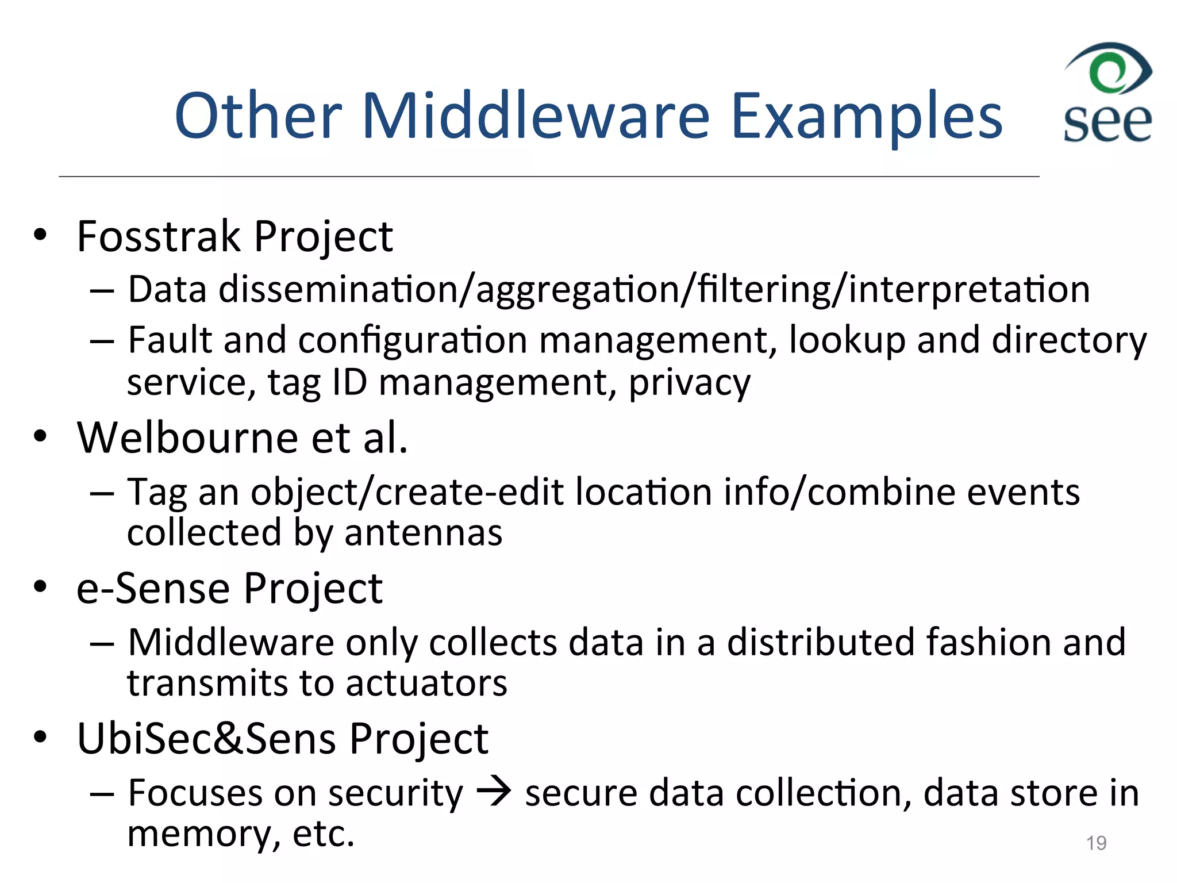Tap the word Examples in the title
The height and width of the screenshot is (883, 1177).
point(866,118)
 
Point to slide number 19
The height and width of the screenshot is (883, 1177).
point(1096,843)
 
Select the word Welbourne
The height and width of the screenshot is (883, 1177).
point(187,438)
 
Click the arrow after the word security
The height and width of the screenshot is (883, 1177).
point(494,792)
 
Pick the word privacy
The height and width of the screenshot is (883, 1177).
point(689,383)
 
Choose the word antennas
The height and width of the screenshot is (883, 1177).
point(423,533)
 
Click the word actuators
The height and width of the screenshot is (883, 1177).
point(426,684)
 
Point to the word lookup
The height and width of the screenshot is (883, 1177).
point(847,340)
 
